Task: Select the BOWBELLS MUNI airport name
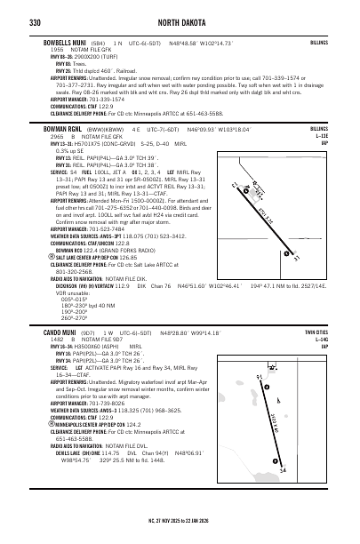63,42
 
